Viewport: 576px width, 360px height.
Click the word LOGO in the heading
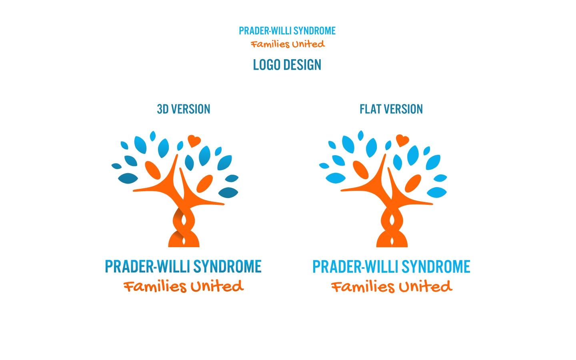(267, 65)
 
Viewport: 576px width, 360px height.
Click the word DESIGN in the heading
(302, 65)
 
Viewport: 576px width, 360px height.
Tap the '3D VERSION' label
(184, 109)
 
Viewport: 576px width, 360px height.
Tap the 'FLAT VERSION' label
(391, 109)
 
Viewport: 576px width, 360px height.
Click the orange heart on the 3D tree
(194, 141)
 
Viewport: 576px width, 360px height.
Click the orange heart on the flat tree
(402, 140)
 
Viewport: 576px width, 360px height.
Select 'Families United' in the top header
(288, 44)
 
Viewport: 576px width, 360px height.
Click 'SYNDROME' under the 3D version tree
(227, 266)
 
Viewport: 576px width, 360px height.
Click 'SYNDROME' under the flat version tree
(436, 266)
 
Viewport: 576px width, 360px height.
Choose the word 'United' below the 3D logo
(217, 286)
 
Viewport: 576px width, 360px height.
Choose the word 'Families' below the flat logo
(362, 287)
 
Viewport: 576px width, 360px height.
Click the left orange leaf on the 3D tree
(153, 170)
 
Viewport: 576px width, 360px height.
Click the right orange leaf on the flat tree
(413, 183)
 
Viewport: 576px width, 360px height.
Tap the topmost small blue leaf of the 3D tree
(153, 136)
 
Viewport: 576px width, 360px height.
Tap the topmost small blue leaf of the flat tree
(361, 136)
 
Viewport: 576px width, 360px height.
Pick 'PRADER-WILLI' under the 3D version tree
(147, 266)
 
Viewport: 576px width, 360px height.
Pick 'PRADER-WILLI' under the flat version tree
(355, 266)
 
